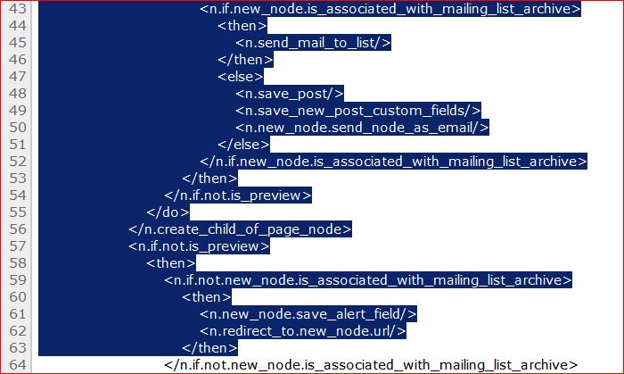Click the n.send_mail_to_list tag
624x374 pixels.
click(x=313, y=42)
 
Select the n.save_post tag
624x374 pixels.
click(x=289, y=94)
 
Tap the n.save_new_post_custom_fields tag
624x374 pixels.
click(x=358, y=110)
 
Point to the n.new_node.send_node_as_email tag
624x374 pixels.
click(x=362, y=127)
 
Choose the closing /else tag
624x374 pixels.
click(x=243, y=144)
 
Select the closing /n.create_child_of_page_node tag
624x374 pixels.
click(x=240, y=229)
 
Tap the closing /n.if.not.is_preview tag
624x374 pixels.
click(x=238, y=195)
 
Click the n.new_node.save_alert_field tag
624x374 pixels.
click(x=308, y=314)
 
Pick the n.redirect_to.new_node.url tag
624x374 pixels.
click(x=303, y=331)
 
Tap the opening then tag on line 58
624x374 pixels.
click(x=171, y=263)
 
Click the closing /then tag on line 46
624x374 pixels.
click(x=244, y=60)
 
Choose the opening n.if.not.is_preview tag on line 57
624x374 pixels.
click(x=199, y=246)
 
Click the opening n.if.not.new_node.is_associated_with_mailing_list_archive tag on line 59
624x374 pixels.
click(x=367, y=280)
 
